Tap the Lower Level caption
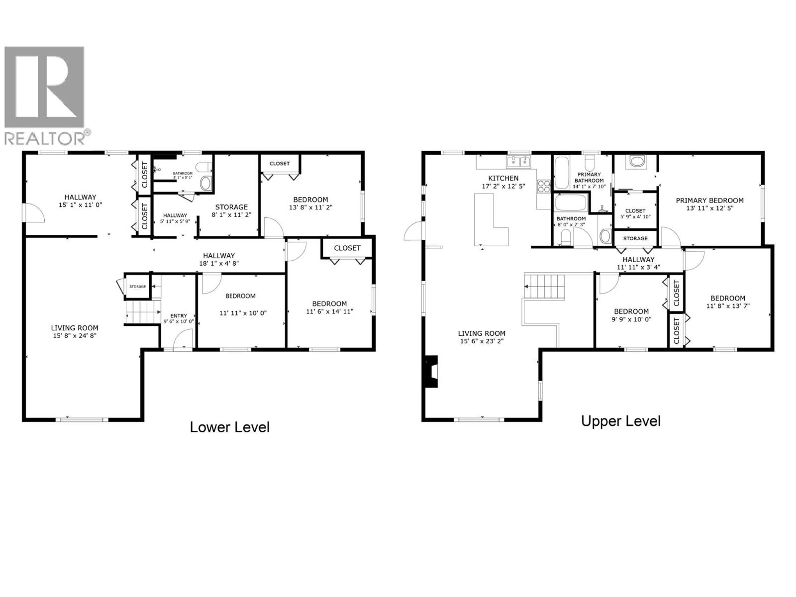229,427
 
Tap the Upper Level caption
620,421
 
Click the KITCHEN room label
503,178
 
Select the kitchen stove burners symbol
543,186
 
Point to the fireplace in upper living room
431,371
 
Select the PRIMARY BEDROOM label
709,200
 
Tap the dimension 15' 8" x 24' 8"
75,335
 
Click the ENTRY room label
179,315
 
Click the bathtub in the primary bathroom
562,173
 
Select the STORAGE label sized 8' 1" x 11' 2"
231,207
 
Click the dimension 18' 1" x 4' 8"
219,263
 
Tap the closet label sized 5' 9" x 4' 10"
635,210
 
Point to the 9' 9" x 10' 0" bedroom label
631,311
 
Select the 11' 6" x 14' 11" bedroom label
329,303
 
